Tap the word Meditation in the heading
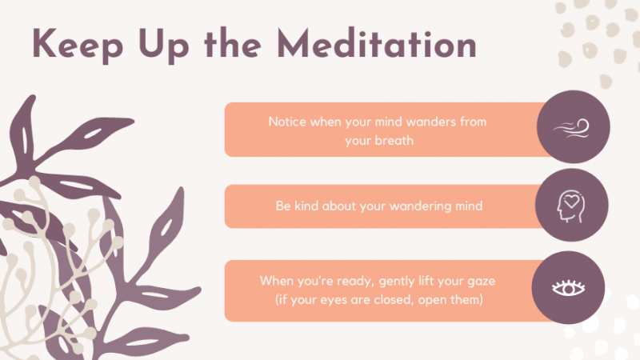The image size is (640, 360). coord(377,43)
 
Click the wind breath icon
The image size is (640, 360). coord(571,128)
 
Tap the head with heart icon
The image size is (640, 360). coord(571,206)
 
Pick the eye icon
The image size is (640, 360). coord(568,288)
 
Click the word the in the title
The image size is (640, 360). coord(233,43)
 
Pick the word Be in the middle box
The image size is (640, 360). coord(283,206)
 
